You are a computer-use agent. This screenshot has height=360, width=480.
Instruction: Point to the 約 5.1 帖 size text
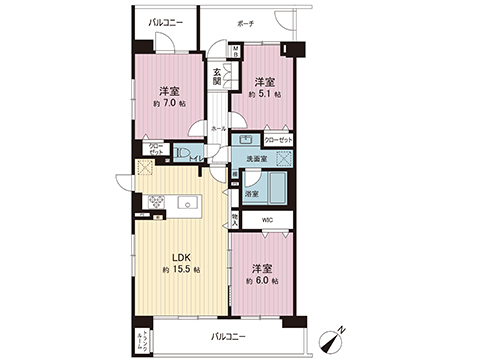click(265, 94)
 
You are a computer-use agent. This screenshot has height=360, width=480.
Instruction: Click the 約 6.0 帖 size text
click(264, 281)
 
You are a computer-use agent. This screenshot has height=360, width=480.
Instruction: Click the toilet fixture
click(186, 153)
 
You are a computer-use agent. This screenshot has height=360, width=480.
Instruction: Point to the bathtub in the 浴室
click(277, 187)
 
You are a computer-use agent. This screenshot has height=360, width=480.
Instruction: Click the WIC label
click(266, 220)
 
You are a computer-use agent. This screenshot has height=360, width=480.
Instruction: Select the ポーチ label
click(246, 21)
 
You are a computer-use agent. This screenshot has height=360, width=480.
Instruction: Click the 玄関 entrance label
click(216, 76)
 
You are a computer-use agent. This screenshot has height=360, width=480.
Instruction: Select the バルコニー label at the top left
click(160, 21)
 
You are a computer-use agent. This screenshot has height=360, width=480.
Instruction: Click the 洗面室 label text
click(257, 159)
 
